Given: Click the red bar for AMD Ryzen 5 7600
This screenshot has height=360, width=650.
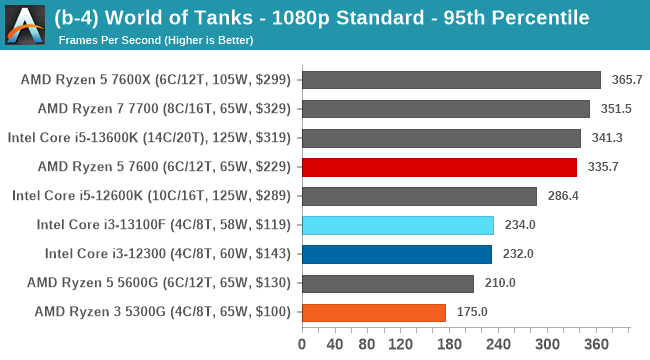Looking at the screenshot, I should click(439, 167).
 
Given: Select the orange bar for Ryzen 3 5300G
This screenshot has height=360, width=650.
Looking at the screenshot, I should click(374, 312).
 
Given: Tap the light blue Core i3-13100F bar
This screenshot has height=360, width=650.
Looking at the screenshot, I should click(397, 225).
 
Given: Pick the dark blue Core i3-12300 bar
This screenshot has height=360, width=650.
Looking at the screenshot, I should click(396, 254).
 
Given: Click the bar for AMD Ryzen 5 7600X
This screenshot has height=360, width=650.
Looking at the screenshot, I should click(451, 80).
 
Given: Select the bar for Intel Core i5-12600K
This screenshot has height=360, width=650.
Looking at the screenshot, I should click(419, 196).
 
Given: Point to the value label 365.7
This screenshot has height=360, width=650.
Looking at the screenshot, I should click(626, 80).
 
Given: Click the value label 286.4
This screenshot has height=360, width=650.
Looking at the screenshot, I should click(562, 196).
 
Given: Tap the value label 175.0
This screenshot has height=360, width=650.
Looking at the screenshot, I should click(471, 312).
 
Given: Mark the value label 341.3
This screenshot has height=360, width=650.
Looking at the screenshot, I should click(606, 138).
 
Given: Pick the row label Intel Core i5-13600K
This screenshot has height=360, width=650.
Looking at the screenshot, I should click(149, 138).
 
